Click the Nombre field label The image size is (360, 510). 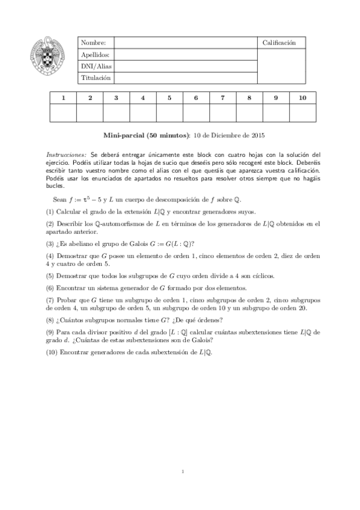[x=93, y=43]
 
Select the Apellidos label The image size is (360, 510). [x=95, y=54]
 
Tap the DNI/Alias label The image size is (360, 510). [x=97, y=66]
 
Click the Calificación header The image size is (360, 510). [x=279, y=43]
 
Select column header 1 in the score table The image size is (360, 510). [x=63, y=97]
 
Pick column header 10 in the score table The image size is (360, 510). [x=302, y=97]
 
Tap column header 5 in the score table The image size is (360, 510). [x=169, y=97]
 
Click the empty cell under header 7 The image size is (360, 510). [x=222, y=112]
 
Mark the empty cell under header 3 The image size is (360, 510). [x=116, y=112]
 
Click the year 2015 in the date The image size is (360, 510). [x=258, y=136]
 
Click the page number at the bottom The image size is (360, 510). [x=182, y=472]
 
